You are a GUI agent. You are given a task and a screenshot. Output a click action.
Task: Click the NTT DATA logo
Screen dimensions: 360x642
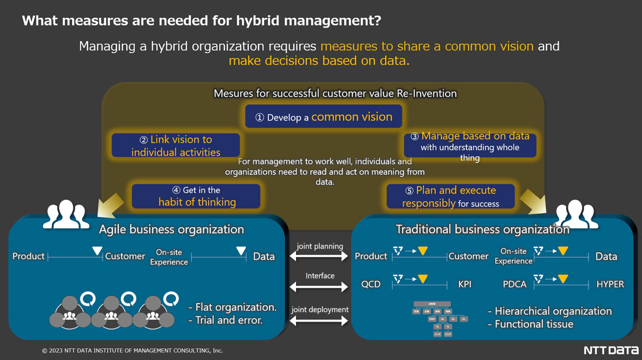(611, 350)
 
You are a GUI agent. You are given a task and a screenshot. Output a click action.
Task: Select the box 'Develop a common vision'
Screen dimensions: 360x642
(323, 117)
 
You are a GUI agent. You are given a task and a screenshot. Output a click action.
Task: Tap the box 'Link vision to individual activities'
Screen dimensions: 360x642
(175, 146)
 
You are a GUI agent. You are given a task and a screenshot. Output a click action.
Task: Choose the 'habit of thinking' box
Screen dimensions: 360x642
(196, 196)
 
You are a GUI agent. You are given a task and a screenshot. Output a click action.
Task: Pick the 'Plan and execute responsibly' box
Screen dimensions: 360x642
(450, 196)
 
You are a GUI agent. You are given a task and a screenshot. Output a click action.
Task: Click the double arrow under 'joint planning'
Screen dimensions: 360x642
(319, 256)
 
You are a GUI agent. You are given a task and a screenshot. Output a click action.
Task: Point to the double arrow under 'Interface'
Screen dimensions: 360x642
(319, 287)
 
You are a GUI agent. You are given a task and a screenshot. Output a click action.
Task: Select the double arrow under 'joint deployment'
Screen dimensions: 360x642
(319, 320)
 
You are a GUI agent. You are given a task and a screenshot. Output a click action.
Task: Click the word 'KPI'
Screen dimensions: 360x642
(464, 284)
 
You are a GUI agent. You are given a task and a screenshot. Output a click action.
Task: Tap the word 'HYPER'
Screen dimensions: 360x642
(610, 284)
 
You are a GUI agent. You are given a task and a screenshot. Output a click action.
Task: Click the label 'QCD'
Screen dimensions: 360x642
(371, 284)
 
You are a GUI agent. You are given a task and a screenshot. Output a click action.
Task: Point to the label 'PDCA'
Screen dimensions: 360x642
(514, 284)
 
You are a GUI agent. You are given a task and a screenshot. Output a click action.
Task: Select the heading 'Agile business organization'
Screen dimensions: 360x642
(171, 229)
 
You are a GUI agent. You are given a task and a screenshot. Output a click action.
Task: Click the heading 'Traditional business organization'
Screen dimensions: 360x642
(482, 229)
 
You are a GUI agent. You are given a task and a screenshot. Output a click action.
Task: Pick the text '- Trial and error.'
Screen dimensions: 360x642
(225, 320)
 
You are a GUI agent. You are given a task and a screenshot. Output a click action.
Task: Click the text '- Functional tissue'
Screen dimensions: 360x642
(530, 324)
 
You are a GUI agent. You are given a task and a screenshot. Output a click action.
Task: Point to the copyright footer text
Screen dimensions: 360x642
(132, 351)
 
